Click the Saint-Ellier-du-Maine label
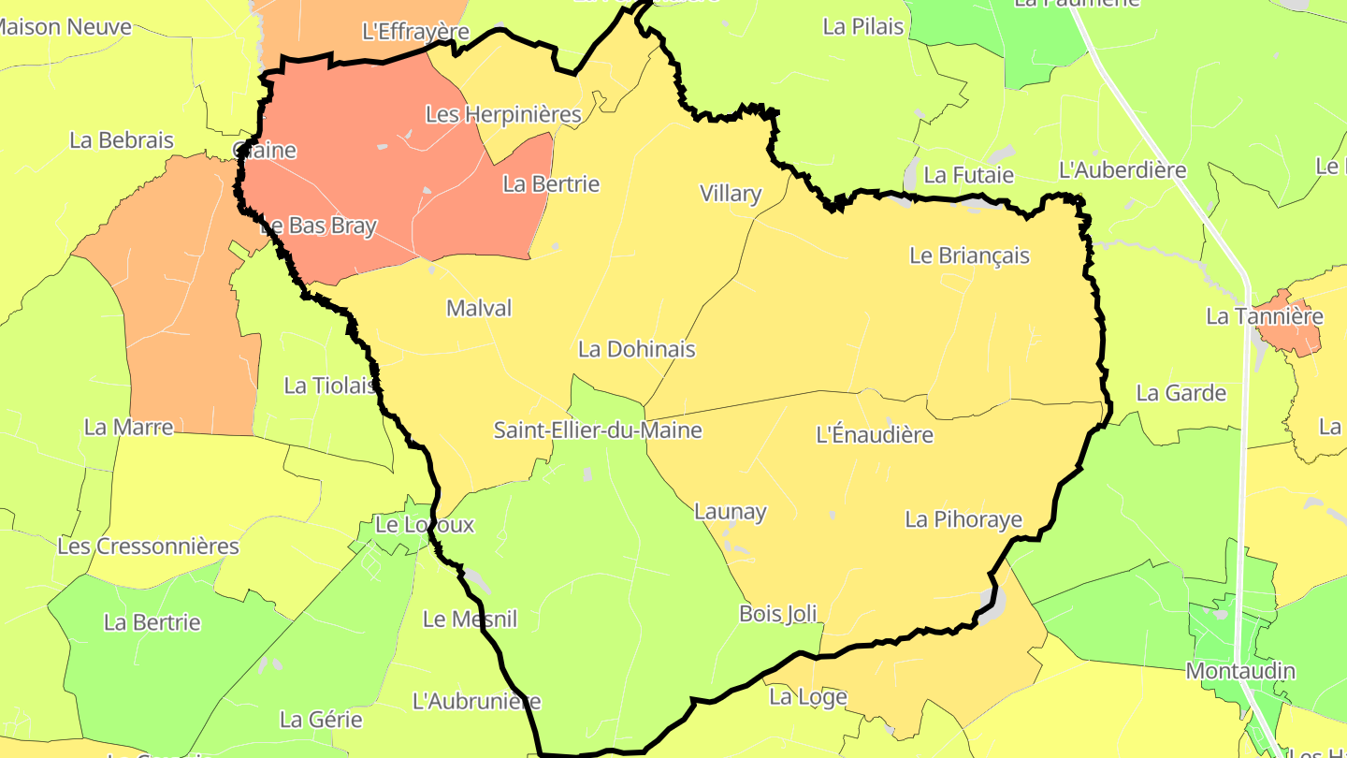click(x=598, y=430)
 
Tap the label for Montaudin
click(x=1240, y=671)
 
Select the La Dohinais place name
click(x=637, y=349)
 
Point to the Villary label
click(x=731, y=194)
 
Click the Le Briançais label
click(x=969, y=255)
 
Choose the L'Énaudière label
click(x=875, y=435)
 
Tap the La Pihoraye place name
click(x=963, y=519)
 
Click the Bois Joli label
click(x=777, y=614)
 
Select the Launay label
click(x=730, y=512)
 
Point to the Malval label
click(x=479, y=308)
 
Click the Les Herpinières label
click(x=503, y=115)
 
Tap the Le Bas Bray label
click(x=318, y=226)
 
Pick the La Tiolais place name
click(x=330, y=386)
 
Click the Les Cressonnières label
click(x=149, y=546)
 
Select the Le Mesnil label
click(x=470, y=619)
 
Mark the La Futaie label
click(x=968, y=175)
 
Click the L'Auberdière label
click(x=1122, y=170)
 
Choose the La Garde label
click(x=1180, y=393)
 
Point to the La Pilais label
click(x=863, y=26)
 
